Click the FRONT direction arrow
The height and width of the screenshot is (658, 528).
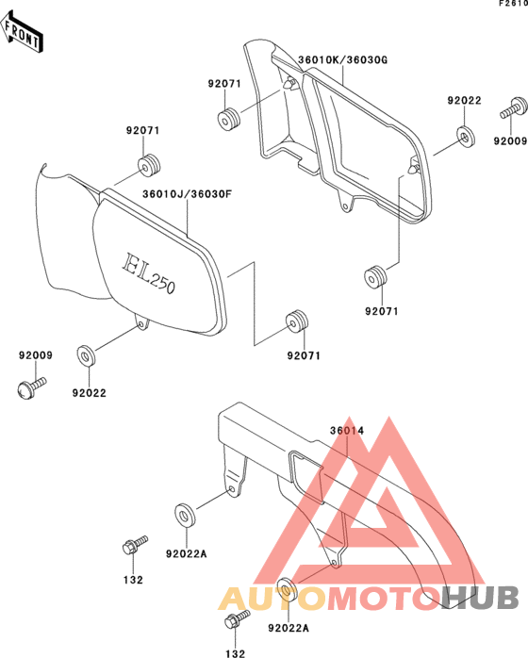click(22, 32)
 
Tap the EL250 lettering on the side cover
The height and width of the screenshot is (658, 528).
click(148, 273)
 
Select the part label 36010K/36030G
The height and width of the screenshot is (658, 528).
click(342, 60)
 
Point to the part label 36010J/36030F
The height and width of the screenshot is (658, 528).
click(188, 194)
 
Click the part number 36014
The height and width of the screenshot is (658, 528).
click(347, 431)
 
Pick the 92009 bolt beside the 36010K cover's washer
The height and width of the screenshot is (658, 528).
click(514, 108)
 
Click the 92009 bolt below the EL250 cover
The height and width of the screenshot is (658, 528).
click(31, 387)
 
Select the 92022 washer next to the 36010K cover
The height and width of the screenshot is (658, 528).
click(465, 137)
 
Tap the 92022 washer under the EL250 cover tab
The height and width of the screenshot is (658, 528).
click(86, 355)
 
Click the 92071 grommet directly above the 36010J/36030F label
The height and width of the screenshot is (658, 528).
click(149, 164)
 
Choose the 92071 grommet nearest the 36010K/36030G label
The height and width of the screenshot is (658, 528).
click(228, 118)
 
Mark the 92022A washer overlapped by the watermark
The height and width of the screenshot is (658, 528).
click(288, 589)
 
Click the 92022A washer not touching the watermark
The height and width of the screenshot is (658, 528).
click(185, 514)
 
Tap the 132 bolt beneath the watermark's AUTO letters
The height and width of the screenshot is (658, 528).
click(238, 619)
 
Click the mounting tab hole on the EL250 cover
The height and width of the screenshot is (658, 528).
click(140, 325)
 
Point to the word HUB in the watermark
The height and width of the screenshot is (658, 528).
click(480, 597)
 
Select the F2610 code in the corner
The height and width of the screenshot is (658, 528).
click(513, 4)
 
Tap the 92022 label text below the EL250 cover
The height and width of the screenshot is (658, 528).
click(89, 393)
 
